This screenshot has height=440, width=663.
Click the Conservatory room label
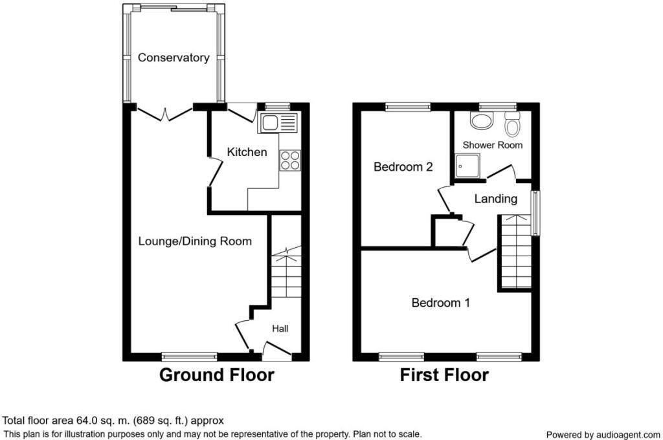pos(174,58)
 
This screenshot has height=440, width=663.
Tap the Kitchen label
pos(246,152)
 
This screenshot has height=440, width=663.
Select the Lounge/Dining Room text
pos(195,241)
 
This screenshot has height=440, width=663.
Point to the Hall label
pos(280,329)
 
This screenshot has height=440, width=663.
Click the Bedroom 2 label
pos(403,167)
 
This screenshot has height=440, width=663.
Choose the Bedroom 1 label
pos(440,302)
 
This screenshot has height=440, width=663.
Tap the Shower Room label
pos(492,145)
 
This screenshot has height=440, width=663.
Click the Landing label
pos(495,199)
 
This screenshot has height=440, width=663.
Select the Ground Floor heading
pos(216,375)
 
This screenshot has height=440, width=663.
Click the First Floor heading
pos(444,375)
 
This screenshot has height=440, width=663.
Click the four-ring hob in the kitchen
pos(289,160)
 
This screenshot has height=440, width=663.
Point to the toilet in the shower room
pos(512,124)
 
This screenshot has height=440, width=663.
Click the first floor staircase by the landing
pos(515,254)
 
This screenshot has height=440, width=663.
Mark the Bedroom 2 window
pos(408,107)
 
